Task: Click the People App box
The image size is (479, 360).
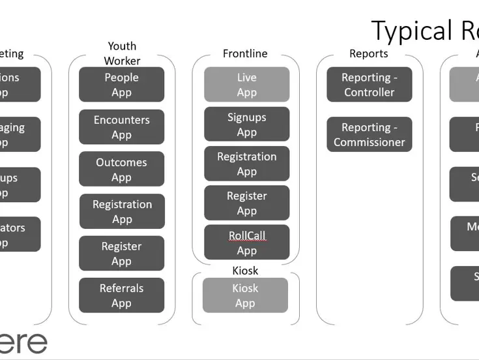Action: (122, 85)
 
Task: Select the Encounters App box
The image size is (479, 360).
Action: (122, 127)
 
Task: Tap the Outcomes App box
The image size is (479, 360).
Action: (122, 170)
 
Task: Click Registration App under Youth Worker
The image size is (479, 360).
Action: (122, 211)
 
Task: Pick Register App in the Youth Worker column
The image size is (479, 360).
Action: (122, 254)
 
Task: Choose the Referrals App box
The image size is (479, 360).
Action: (122, 295)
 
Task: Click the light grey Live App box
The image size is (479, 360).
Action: (246, 85)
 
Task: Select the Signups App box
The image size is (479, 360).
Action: (246, 125)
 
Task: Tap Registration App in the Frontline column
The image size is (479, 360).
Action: (246, 164)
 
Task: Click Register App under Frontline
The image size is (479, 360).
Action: (246, 203)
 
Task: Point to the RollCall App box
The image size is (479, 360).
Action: (246, 243)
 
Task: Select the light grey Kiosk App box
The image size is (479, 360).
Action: (245, 295)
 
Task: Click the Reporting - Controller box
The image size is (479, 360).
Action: (369, 85)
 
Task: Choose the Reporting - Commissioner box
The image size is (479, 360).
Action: (369, 134)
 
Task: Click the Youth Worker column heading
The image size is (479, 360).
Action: (122, 53)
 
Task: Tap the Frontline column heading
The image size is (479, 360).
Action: (245, 53)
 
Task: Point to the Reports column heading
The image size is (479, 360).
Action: (368, 53)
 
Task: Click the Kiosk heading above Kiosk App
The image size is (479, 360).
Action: (245, 270)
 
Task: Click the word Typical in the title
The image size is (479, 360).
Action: (411, 31)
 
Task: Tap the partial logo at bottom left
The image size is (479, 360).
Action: (23, 342)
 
